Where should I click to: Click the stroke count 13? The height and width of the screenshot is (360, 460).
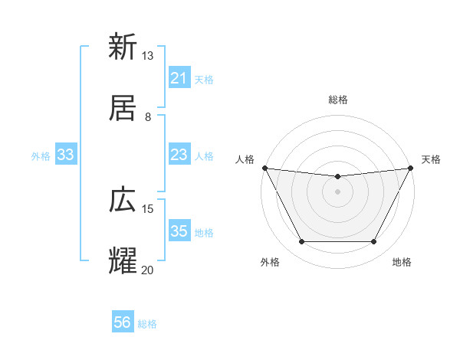(148, 56)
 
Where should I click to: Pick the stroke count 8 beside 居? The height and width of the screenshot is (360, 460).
(148, 117)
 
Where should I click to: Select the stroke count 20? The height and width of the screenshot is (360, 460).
(148, 270)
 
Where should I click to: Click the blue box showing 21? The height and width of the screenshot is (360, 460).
(179, 78)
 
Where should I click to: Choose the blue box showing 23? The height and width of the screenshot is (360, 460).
(179, 155)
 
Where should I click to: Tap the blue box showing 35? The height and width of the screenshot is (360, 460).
(179, 231)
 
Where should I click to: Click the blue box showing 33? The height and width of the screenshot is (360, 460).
(66, 155)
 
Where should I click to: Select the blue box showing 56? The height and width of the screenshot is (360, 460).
(123, 322)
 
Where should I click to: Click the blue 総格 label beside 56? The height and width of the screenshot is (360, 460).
(147, 324)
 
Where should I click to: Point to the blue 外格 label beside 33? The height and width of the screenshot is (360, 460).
(41, 156)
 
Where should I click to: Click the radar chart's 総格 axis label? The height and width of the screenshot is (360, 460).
(337, 100)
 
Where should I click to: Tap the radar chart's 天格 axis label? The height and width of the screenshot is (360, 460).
(431, 159)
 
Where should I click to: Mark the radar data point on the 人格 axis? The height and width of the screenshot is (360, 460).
(264, 168)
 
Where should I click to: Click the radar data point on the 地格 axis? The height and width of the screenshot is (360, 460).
(374, 242)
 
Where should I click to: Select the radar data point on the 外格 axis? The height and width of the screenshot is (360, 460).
(301, 242)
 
